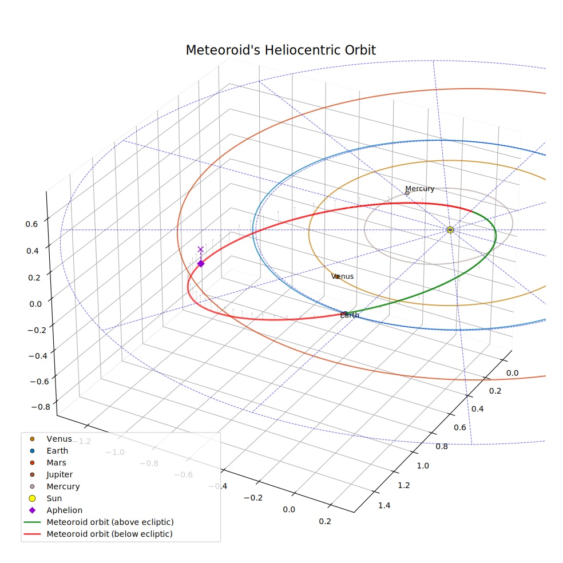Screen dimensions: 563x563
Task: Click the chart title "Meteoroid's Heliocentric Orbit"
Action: pyautogui.click(x=281, y=50)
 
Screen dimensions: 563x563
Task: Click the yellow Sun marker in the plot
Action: pyautogui.click(x=450, y=230)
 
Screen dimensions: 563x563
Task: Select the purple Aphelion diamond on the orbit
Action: pyautogui.click(x=201, y=264)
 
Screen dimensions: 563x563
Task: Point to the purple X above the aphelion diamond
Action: pyautogui.click(x=201, y=249)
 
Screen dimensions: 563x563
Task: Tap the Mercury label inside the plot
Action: pyautogui.click(x=420, y=189)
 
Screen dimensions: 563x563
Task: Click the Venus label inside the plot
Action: pyautogui.click(x=342, y=276)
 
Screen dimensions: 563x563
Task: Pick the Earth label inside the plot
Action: pyautogui.click(x=350, y=315)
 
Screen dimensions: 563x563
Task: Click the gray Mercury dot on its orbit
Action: pyautogui.click(x=407, y=193)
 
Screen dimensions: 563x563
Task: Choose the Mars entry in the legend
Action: pyautogui.click(x=57, y=462)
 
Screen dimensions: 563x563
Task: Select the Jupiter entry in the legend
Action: pyautogui.click(x=60, y=474)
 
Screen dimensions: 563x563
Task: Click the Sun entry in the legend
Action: pyautogui.click(x=54, y=498)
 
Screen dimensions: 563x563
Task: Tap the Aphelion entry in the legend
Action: pyautogui.click(x=65, y=510)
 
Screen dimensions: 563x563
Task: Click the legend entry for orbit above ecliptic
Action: pyautogui.click(x=110, y=522)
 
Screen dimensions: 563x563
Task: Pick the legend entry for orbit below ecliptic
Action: pyautogui.click(x=109, y=534)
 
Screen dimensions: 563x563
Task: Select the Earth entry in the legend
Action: pyautogui.click(x=57, y=451)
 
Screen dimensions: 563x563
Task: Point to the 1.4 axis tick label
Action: pyautogui.click(x=384, y=506)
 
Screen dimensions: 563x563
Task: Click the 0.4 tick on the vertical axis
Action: pyautogui.click(x=32, y=251)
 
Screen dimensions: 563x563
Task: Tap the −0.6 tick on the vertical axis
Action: pyautogui.click(x=40, y=381)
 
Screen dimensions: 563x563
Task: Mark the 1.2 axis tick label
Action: pyautogui.click(x=403, y=485)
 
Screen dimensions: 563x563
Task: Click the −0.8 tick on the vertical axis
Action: pyautogui.click(x=41, y=407)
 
